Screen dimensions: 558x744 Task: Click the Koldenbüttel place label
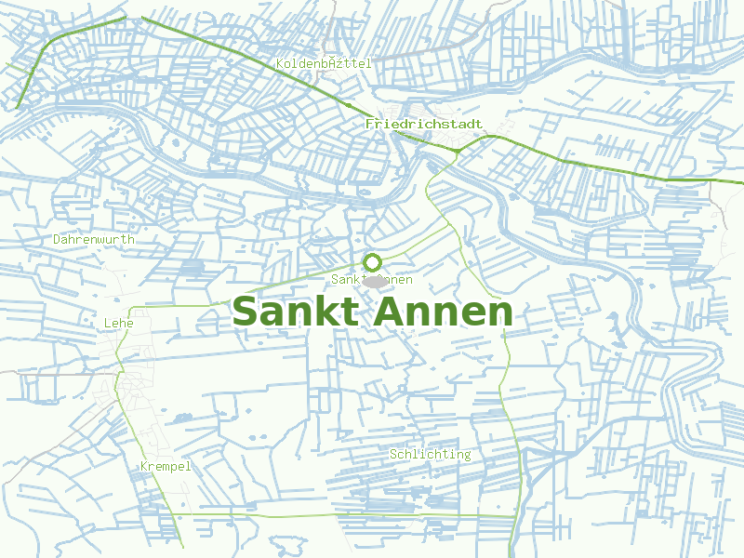pos(324,63)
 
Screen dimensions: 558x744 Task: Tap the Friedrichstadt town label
pos(424,124)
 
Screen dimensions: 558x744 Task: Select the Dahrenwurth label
pos(94,239)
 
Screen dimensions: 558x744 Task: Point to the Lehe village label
pos(119,323)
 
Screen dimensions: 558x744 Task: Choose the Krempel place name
pos(166,466)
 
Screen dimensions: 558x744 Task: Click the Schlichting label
pos(431,454)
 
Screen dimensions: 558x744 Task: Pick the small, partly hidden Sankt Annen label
pos(372,280)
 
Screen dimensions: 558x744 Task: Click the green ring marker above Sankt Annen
pos(373,262)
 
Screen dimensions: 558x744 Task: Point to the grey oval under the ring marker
pos(374,280)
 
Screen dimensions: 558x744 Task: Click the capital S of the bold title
pos(246,312)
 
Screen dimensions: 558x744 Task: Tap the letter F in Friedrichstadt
pos(370,124)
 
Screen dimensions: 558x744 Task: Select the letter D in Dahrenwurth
pos(58,239)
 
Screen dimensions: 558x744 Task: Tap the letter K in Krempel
pos(144,466)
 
